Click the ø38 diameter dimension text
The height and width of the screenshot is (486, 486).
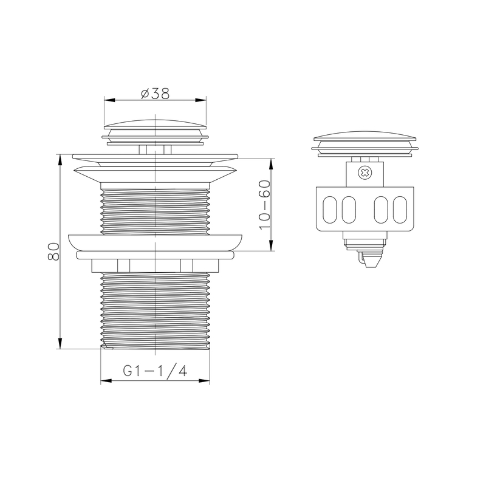155,94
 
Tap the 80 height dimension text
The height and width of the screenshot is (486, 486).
53,252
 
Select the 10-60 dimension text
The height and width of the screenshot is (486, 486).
264,205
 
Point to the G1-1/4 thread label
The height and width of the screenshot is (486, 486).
155,371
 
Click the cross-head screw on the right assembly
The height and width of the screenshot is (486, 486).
365,173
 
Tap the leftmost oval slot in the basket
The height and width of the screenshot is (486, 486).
329,210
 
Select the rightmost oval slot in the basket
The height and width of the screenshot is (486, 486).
400,210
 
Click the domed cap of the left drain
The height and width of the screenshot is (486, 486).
155,124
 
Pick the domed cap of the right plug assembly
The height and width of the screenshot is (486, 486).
365,135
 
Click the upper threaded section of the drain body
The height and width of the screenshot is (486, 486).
155,211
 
